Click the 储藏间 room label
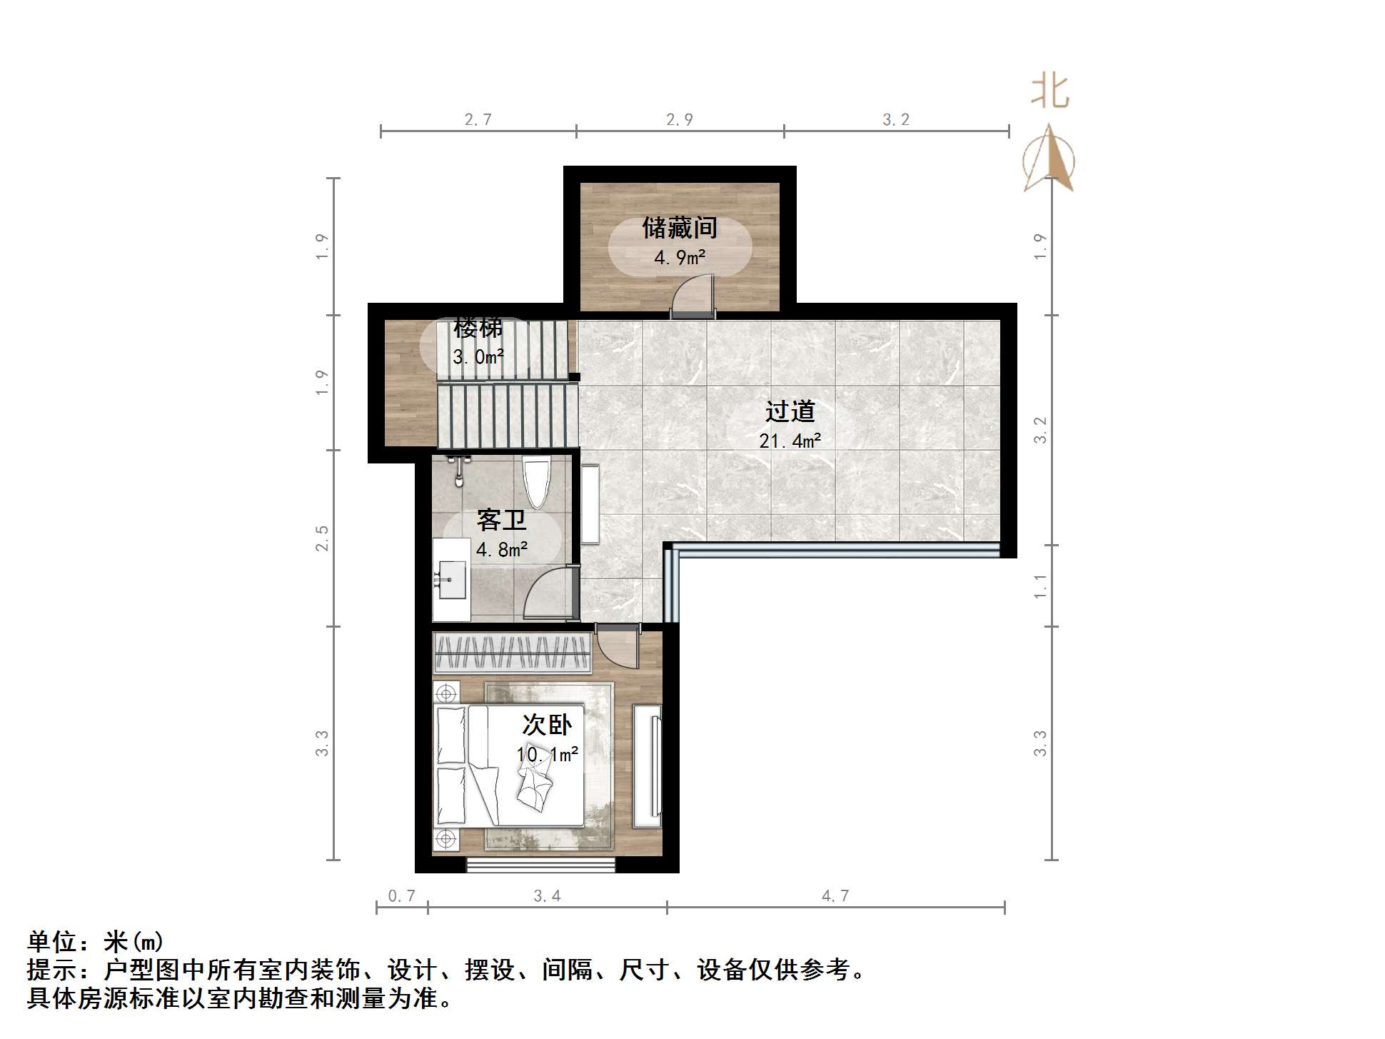[679, 229]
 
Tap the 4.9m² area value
[680, 257]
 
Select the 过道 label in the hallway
[790, 411]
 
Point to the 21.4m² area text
[790, 441]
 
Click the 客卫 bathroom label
[501, 520]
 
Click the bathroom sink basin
[451, 579]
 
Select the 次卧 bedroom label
[547, 725]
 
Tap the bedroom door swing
[616, 646]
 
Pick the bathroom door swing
[549, 593]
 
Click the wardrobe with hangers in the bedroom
[512, 653]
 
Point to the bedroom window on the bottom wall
[540, 865]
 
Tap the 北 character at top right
[1049, 92]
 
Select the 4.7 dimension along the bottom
[835, 895]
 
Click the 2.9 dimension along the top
[679, 119]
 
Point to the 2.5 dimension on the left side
[323, 538]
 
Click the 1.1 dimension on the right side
[1040, 586]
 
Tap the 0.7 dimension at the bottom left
[401, 895]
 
